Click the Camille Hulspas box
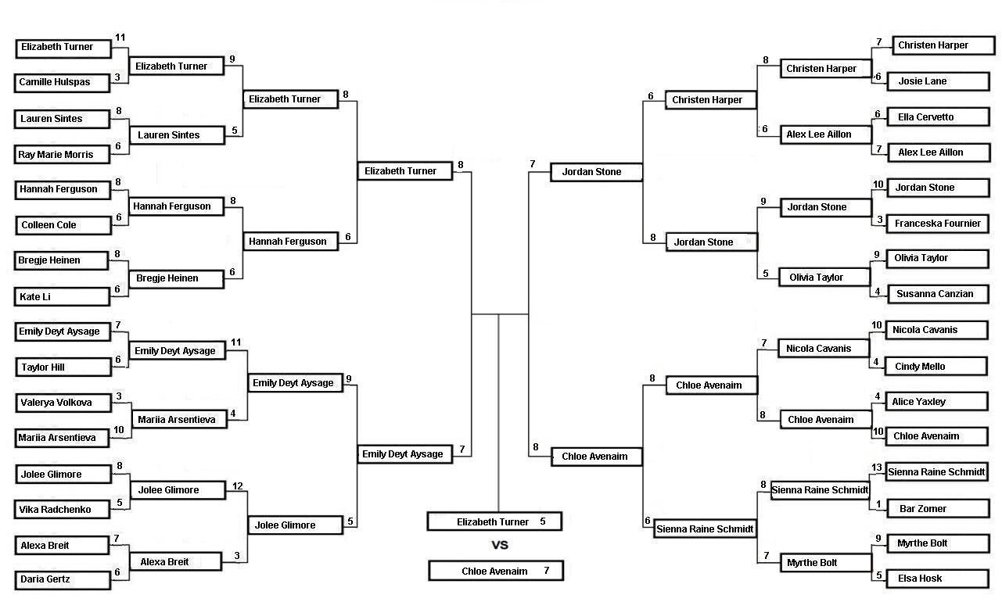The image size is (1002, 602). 62,83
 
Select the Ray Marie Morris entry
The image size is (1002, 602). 62,155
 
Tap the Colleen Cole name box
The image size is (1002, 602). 63,225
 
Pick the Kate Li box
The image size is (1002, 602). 62,297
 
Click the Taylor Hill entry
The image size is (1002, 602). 63,367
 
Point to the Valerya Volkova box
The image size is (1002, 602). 63,403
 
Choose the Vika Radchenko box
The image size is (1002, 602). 62,510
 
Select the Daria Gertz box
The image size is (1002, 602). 63,580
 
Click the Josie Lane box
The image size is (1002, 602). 939,81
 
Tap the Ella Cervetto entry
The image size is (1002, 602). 939,117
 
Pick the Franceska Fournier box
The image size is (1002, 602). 939,224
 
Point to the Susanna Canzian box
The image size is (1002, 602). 939,294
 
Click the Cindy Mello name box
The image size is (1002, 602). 936,367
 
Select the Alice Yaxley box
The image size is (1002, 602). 937,402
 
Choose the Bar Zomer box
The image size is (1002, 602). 939,509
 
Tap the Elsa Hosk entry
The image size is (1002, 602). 938,579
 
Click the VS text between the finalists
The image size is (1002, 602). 500,545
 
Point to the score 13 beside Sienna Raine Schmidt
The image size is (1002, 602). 876,468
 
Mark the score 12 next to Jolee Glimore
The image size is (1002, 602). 238,486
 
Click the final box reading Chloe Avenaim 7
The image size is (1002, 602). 496,572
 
